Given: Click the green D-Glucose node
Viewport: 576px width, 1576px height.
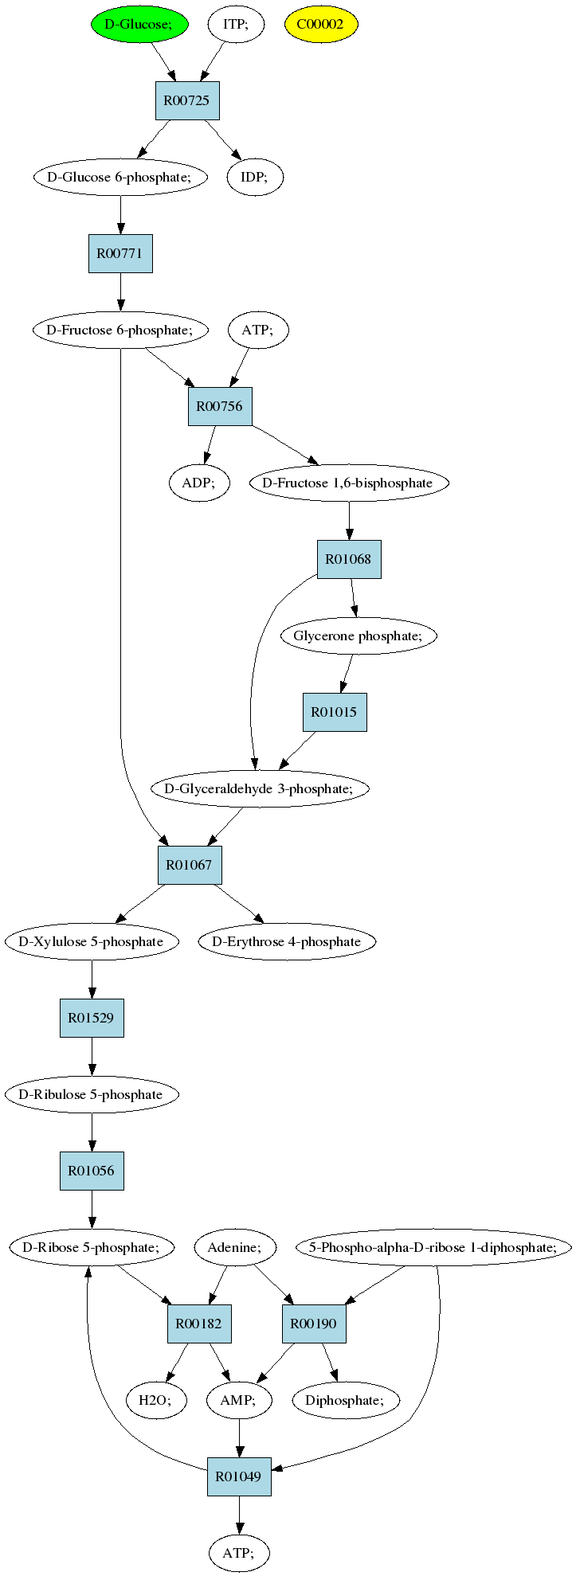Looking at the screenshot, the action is tap(139, 24).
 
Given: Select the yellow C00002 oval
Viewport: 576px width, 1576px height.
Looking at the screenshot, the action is tap(321, 24).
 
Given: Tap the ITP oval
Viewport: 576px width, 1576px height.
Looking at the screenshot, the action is tap(236, 24).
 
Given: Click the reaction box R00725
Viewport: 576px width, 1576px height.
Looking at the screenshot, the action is tap(187, 100).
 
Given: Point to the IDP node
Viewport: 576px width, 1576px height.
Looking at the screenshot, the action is tap(255, 177).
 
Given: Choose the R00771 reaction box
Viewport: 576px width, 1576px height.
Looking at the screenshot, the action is tap(120, 253).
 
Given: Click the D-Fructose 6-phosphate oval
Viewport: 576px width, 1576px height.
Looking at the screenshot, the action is tap(120, 330).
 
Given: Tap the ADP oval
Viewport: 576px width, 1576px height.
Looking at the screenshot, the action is tap(200, 483).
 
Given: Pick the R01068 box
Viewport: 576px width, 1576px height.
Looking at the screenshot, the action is tap(349, 559).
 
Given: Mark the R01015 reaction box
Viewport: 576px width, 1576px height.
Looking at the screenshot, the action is tap(335, 712).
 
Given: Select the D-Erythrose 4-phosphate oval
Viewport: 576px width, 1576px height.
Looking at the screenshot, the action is tap(287, 941).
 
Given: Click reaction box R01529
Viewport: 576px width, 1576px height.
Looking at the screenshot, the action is tap(92, 1018).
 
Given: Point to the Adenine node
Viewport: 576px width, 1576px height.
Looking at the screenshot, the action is tap(236, 1247).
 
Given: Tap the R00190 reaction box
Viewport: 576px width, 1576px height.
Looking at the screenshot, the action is tap(314, 1324).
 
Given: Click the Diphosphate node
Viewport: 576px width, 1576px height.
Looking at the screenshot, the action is tap(347, 1400).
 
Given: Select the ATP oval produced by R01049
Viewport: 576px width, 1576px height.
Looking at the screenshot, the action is tap(239, 1553).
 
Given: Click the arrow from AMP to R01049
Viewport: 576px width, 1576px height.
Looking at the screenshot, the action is tap(239, 1438).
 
